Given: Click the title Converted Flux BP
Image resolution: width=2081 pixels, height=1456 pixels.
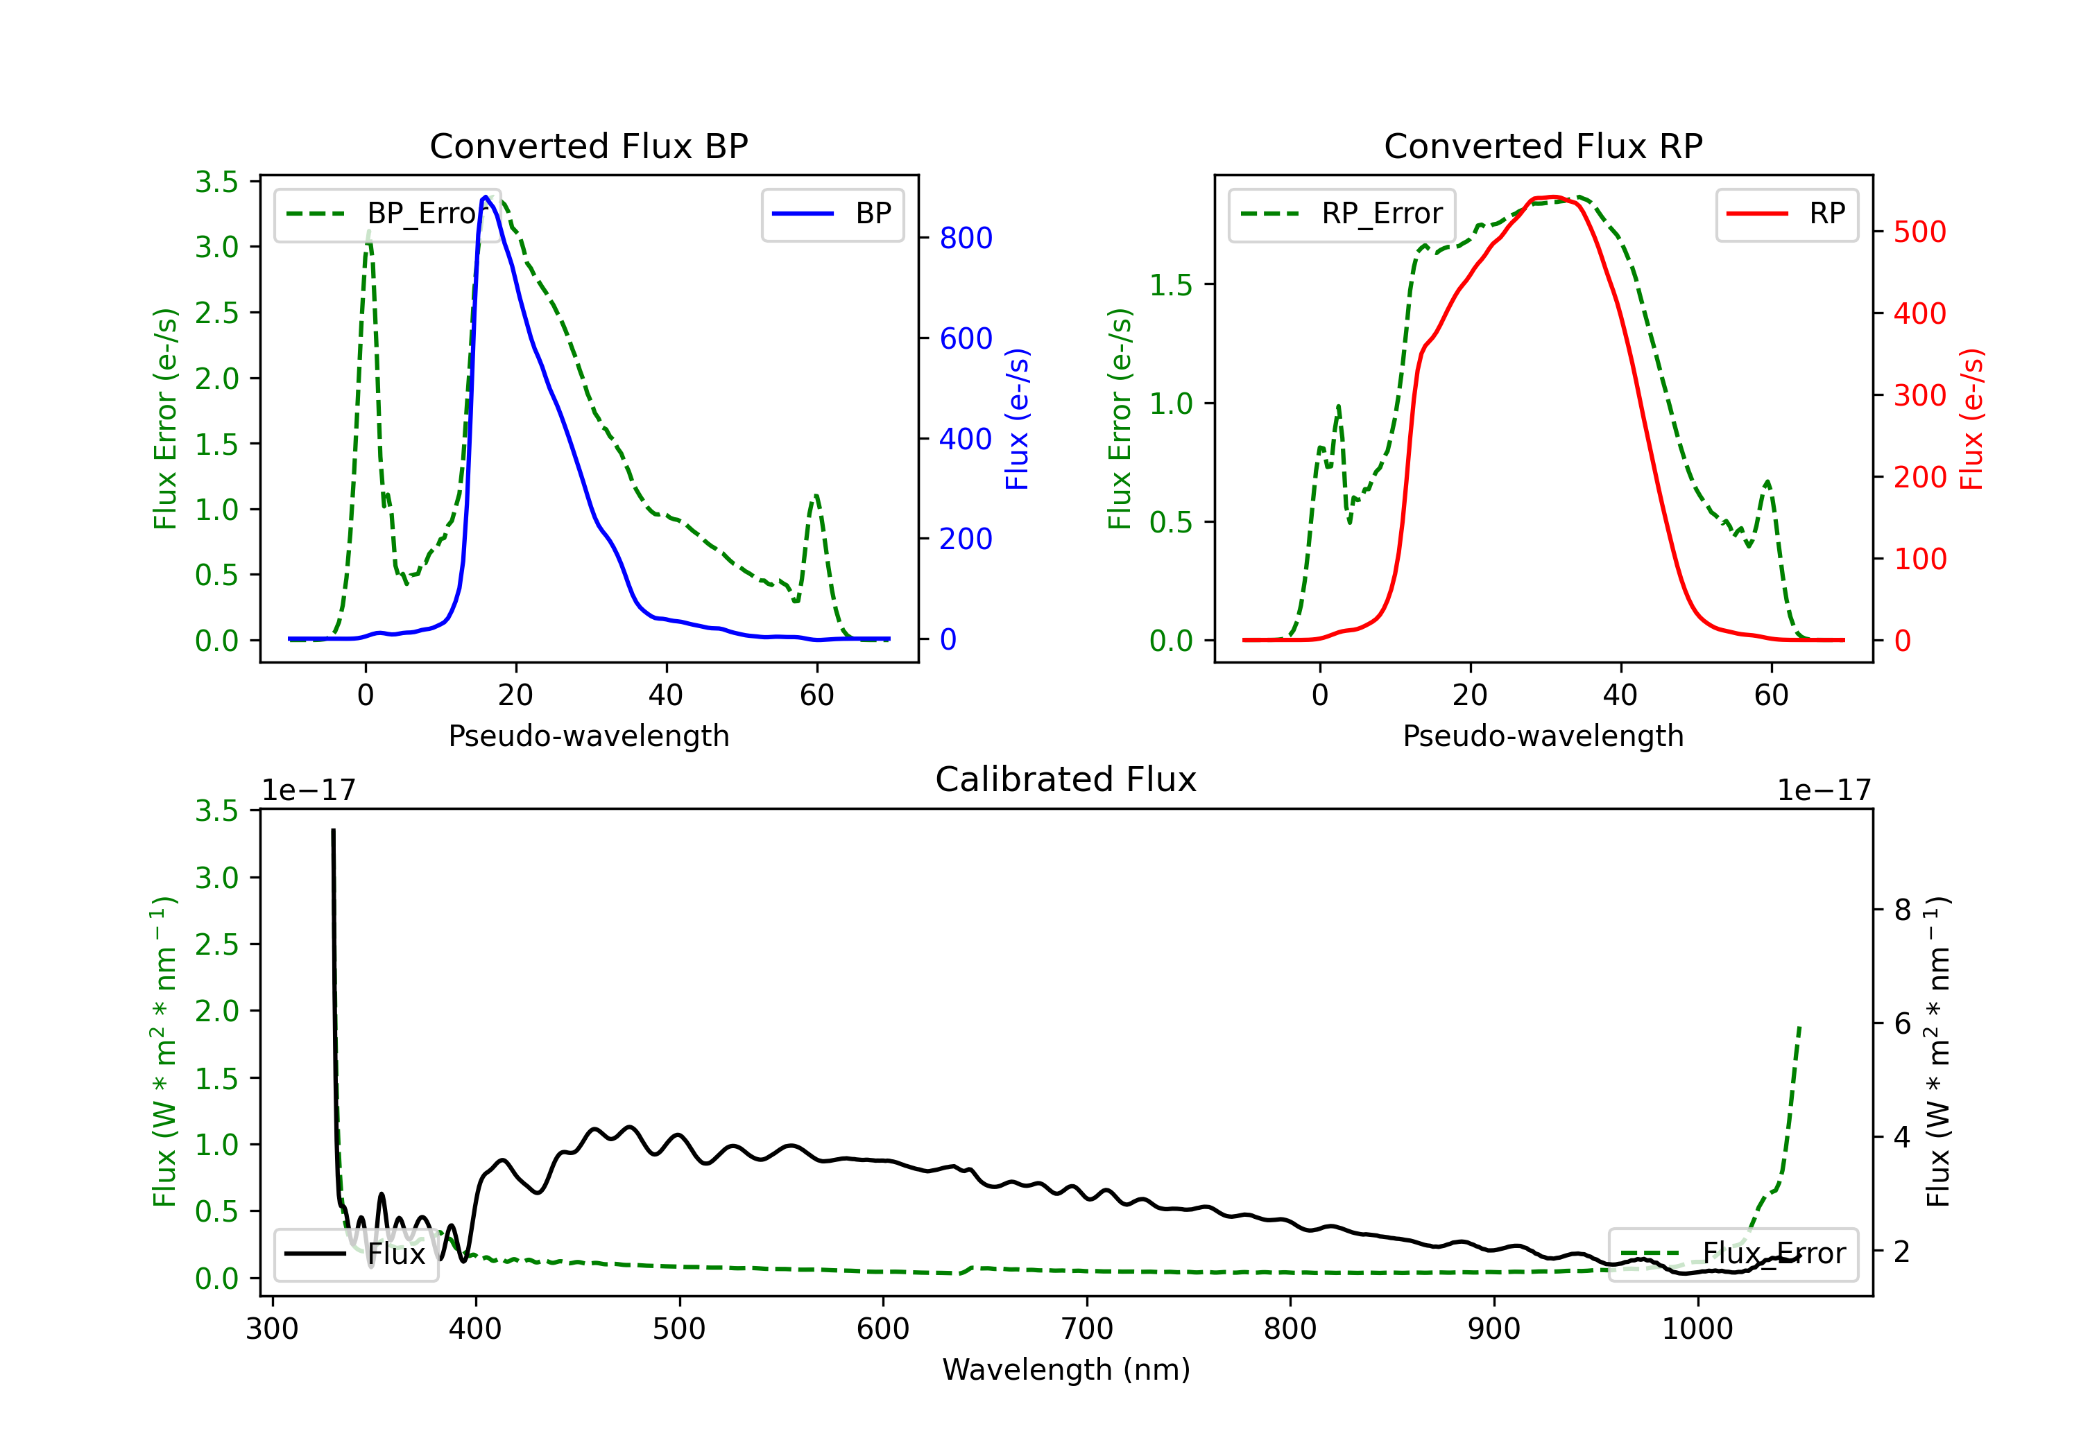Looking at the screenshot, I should [588, 146].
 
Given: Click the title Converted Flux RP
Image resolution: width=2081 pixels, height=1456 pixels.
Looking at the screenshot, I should [1543, 146].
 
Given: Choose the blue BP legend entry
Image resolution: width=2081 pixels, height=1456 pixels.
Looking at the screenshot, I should [832, 214].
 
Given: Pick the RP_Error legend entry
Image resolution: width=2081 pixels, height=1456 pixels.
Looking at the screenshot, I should [1342, 214].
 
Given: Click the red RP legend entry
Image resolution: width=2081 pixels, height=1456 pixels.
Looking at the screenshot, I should [1786, 214].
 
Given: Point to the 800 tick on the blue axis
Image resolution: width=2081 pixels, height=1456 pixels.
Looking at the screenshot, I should [966, 239].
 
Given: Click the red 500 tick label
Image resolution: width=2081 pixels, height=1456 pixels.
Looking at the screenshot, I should [1919, 232].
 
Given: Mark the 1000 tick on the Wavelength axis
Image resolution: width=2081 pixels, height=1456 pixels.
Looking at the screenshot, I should [1697, 1329].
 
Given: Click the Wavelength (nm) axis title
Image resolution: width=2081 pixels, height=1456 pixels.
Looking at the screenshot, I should [1066, 1369].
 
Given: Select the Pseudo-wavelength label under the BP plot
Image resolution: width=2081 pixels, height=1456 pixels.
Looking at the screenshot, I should [588, 736].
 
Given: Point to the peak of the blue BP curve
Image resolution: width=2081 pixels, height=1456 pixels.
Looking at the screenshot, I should [486, 197].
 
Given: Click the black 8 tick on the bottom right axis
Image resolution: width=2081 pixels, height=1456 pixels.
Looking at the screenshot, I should [1903, 910].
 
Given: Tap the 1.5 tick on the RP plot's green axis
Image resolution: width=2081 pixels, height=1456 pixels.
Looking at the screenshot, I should [1170, 286].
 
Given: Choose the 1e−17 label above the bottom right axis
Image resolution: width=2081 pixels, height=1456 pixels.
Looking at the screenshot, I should [1823, 790].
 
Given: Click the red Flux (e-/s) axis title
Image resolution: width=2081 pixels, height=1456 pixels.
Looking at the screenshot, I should [1972, 419].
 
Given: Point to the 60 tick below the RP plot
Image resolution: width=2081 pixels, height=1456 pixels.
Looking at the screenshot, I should [1770, 695].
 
